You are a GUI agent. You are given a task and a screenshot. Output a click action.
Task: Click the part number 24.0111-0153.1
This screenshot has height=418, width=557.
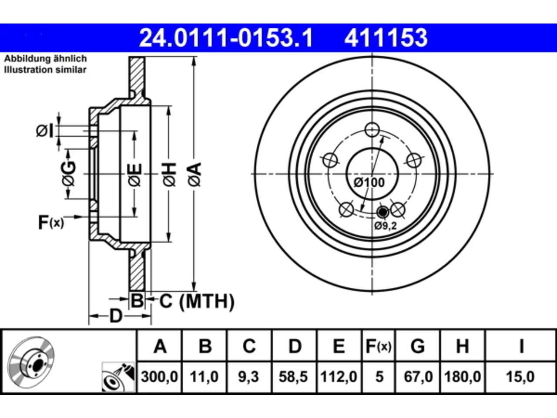coord(226,38)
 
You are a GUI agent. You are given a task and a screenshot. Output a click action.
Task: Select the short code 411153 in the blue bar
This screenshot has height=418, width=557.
coord(386,38)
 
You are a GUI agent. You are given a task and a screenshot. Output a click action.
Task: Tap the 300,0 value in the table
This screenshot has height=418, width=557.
coord(159,376)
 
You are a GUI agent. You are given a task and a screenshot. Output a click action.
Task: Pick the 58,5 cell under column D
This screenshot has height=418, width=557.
coord(293,376)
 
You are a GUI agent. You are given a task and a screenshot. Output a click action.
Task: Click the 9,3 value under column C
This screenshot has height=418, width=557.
coord(248,376)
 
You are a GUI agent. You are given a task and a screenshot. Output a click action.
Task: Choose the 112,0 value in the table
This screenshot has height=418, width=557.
coord(339,376)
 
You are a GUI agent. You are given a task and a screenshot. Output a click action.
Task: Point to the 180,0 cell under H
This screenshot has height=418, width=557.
coord(462,376)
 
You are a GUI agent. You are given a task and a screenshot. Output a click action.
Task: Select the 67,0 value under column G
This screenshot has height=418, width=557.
coord(418,376)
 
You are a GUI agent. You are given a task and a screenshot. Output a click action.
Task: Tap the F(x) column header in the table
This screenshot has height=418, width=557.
coord(379,346)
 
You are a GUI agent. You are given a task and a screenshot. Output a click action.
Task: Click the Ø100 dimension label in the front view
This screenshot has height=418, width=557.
coord(369,182)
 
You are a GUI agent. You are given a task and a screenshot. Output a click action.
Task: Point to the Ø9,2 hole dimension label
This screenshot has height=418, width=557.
coord(386,226)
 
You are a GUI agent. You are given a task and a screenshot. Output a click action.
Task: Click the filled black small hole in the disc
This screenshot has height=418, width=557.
coord(383,212)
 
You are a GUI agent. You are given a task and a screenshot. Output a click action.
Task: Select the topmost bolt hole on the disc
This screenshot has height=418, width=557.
coord(372,130)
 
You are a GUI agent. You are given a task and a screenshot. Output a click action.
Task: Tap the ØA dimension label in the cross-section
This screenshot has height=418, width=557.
coord(195,175)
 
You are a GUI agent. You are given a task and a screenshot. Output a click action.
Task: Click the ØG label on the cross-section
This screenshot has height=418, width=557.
coord(68,174)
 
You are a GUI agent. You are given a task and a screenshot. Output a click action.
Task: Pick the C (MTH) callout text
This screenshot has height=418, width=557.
coord(197,301)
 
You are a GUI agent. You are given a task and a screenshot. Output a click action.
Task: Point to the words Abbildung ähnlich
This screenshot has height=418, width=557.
coord(45,59)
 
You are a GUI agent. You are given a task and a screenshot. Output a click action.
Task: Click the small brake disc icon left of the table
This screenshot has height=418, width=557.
coord(31,362)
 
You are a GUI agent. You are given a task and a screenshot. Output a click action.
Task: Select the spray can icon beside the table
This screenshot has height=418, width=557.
coord(118,377)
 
